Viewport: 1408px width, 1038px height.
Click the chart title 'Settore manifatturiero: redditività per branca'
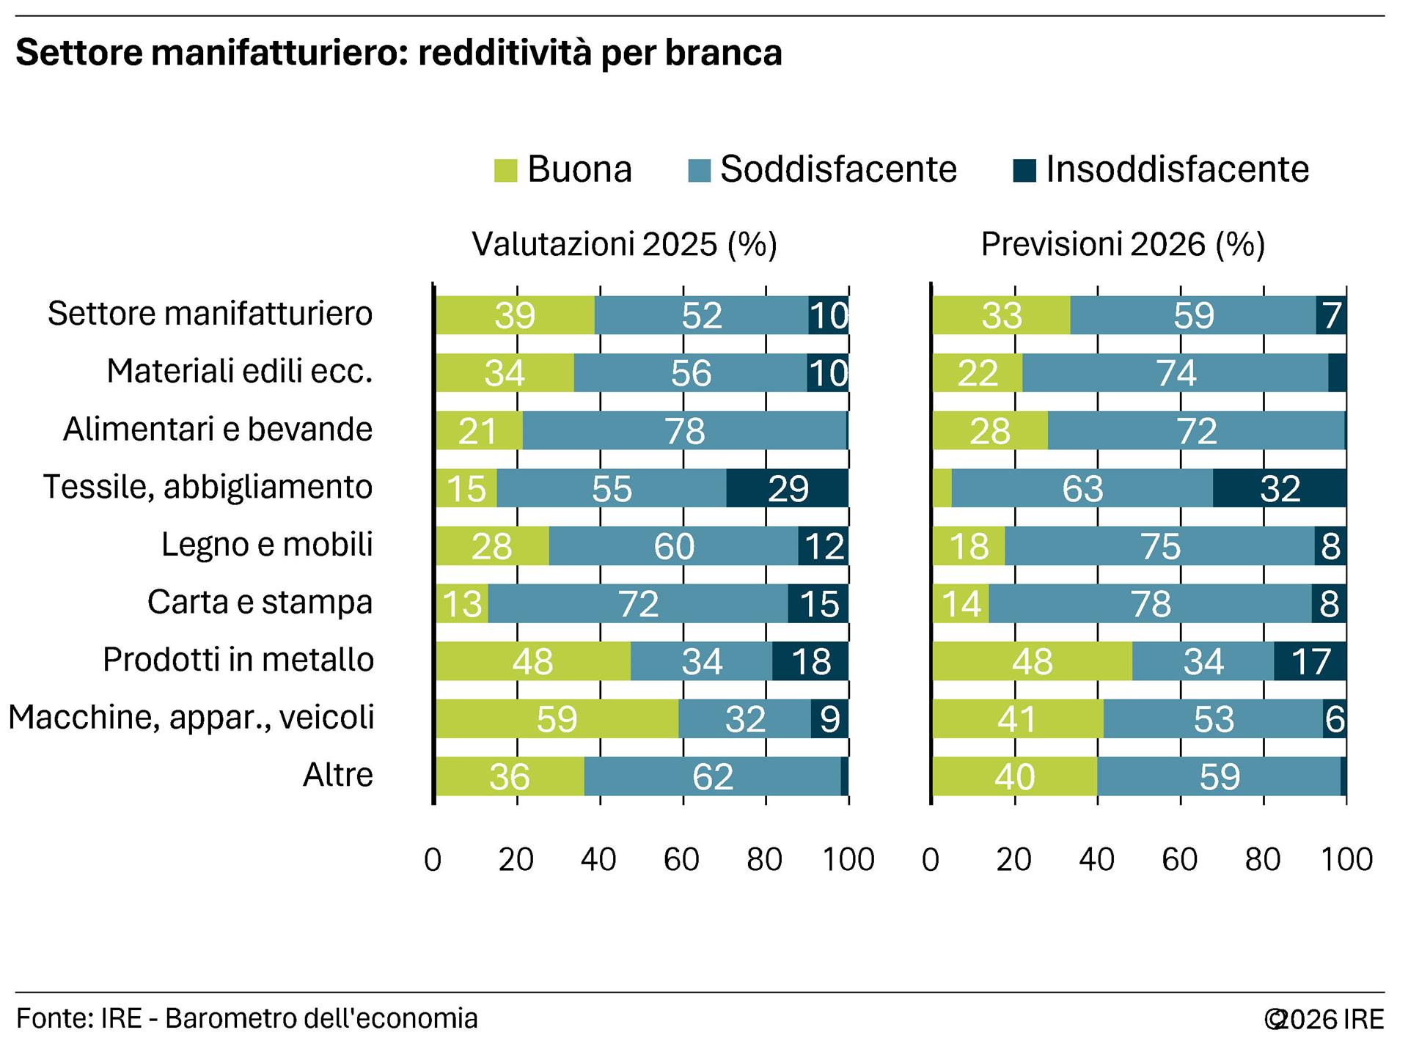399,54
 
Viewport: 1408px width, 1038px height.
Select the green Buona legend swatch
506,170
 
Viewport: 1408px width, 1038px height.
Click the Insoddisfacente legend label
1177,169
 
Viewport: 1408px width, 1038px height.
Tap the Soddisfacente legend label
838,169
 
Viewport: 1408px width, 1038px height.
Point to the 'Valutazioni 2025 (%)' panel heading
624,244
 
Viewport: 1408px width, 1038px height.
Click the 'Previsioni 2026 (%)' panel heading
1123,244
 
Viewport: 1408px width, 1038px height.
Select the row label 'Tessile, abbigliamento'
208,487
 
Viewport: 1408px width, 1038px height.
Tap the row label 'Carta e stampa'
260,603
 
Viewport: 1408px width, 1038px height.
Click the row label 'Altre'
338,775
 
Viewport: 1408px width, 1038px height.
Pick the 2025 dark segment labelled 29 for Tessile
788,488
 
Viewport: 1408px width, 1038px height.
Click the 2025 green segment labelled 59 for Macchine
557,719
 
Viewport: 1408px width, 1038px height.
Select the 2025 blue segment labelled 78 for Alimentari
684,431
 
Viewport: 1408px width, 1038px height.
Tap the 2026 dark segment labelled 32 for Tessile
1280,488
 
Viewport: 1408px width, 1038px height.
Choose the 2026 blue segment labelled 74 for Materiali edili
1176,373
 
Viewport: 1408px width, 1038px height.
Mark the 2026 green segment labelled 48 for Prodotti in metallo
1032,661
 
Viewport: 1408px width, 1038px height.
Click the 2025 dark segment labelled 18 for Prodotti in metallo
810,661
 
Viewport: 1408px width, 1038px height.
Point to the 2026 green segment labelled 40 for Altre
1014,776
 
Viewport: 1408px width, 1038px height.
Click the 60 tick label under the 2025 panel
682,859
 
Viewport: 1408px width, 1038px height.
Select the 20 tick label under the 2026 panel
1014,859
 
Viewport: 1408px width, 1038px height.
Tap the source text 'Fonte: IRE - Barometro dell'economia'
247,1018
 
